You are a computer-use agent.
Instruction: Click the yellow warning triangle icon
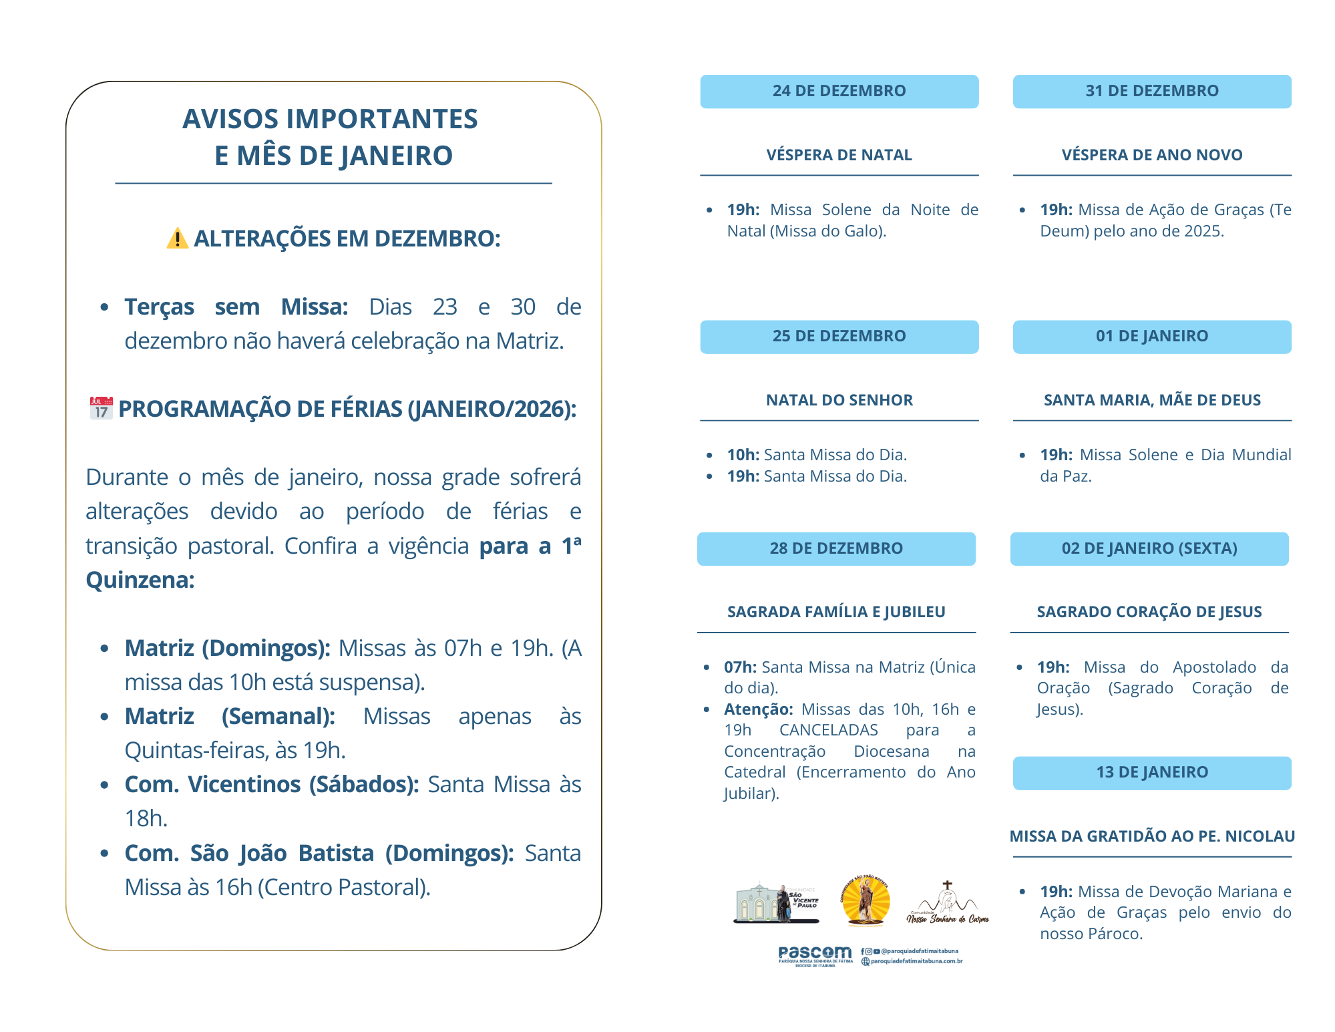[x=177, y=238]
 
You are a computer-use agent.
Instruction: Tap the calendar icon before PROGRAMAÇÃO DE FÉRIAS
[x=102, y=408]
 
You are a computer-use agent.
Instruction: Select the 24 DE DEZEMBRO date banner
[x=839, y=92]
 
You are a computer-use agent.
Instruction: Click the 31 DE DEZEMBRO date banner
[x=1151, y=92]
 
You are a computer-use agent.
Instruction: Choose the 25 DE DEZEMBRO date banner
[x=839, y=337]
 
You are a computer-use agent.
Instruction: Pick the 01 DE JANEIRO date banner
[x=1151, y=337]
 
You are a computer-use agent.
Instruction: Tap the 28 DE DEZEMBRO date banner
[x=836, y=548]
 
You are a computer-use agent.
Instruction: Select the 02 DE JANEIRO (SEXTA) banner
[x=1149, y=548]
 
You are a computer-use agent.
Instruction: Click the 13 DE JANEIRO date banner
[x=1151, y=773]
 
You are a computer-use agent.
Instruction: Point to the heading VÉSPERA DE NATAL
[x=839, y=155]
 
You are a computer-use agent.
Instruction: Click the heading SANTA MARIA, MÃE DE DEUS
[x=1151, y=400]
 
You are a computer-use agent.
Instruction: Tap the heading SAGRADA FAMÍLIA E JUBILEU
[x=836, y=612]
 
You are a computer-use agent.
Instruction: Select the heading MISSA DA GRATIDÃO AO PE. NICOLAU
[x=1151, y=836]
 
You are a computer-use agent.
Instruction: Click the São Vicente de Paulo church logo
[x=776, y=903]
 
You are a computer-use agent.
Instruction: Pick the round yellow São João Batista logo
[x=866, y=901]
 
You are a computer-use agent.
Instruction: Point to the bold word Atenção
[x=758, y=709]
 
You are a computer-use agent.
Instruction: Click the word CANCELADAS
[x=828, y=730]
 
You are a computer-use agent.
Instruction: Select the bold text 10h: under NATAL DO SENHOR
[x=743, y=455]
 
